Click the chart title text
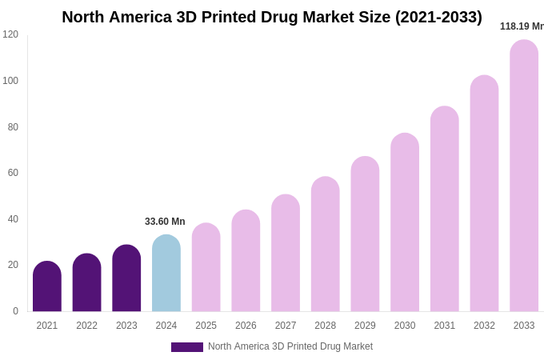[x=272, y=17]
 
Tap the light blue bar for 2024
[x=166, y=274]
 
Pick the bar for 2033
[x=524, y=176]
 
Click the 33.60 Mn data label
[x=165, y=222]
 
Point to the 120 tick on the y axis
[x=10, y=34]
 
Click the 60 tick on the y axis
[x=13, y=173]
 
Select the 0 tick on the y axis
[x=15, y=311]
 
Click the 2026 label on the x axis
[x=246, y=326]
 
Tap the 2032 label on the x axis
[x=484, y=326]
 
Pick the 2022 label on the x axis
[x=86, y=326]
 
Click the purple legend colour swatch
[x=187, y=347]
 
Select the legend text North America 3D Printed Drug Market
[x=290, y=346]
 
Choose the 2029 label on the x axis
[x=365, y=326]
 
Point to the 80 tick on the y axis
[x=13, y=126]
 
